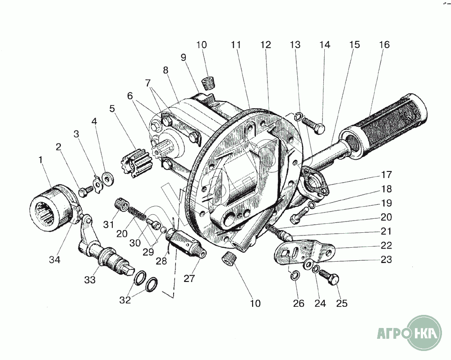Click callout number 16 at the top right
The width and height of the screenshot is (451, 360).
tap(384, 45)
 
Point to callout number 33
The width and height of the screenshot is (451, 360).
tap(89, 280)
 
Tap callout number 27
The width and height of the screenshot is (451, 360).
tap(189, 278)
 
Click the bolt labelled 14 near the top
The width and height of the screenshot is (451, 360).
tap(314, 126)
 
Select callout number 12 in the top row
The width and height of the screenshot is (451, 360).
tap(265, 45)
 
